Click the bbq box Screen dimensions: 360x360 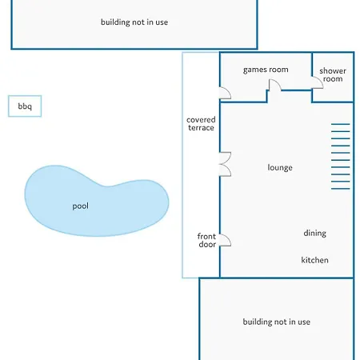(25, 106)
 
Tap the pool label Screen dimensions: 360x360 (81, 206)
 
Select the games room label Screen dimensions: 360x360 (266, 70)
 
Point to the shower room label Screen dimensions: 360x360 (333, 74)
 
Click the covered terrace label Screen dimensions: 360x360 (201, 124)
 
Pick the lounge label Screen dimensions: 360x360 (280, 167)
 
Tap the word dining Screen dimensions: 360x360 (314, 234)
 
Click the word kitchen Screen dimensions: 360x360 (314, 260)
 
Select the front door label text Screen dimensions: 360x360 (207, 240)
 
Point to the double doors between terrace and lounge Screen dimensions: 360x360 (226, 164)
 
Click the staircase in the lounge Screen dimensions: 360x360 (341, 157)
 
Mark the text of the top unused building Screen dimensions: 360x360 (134, 22)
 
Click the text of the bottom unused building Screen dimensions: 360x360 (277, 322)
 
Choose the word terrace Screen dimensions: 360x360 (201, 128)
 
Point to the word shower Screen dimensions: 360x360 (333, 71)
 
